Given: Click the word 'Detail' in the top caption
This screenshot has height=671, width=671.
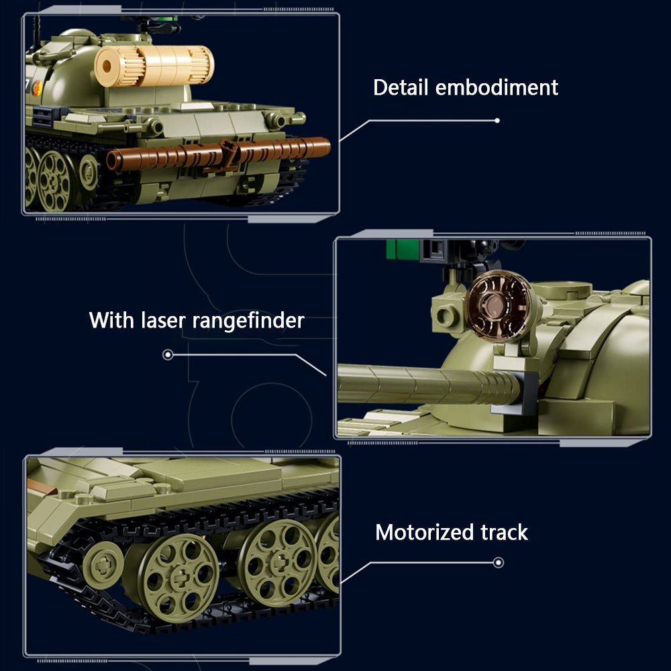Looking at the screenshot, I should [401, 87].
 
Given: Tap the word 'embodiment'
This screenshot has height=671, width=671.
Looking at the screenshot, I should [497, 87].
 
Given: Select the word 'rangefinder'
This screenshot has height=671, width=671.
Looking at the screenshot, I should [248, 320].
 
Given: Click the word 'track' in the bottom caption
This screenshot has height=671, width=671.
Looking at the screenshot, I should [504, 532].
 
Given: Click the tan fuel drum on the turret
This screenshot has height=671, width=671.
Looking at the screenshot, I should [154, 66].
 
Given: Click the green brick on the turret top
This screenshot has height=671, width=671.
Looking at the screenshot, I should [402, 250].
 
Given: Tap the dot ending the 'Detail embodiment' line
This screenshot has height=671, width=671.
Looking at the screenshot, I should [497, 121].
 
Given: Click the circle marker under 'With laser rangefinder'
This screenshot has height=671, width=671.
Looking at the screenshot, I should [168, 354].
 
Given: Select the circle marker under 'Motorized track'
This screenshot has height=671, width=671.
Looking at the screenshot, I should [498, 562].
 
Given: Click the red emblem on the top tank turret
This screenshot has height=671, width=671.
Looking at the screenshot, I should [38, 88].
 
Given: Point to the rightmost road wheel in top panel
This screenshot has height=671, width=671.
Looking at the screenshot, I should [88, 172].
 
